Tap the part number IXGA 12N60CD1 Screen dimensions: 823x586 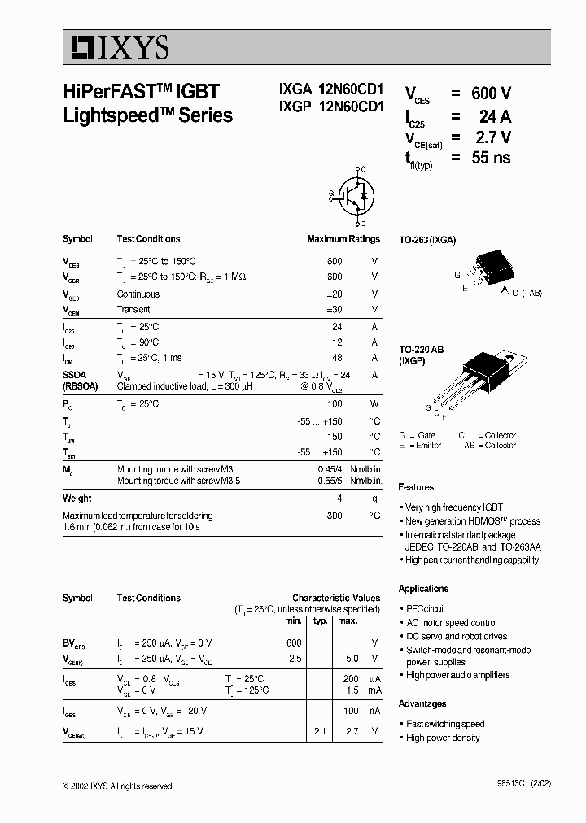[x=325, y=94]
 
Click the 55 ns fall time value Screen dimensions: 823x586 [x=491, y=158]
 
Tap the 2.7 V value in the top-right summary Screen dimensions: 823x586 [x=493, y=137]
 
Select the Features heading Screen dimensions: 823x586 [x=416, y=487]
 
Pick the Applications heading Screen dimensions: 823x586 [x=423, y=589]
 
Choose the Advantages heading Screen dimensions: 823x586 [x=422, y=703]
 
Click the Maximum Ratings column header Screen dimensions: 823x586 [x=343, y=239]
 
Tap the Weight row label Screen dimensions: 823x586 [x=77, y=499]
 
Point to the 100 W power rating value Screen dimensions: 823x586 [x=334, y=404]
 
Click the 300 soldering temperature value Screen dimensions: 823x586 [x=334, y=516]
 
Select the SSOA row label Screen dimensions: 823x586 [x=76, y=375]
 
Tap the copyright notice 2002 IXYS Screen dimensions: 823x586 [x=117, y=786]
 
